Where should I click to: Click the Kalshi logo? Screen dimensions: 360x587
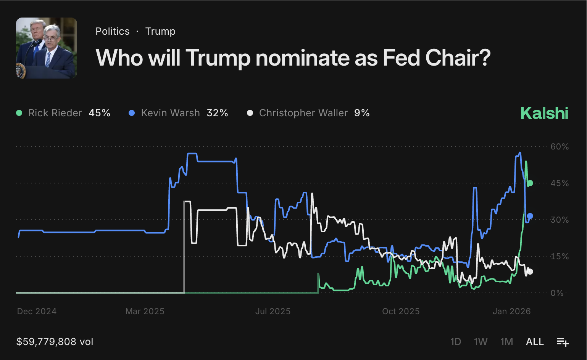click(x=544, y=113)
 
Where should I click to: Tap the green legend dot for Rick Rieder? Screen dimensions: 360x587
click(x=19, y=113)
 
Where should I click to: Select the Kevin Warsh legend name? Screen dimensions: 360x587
click(x=170, y=113)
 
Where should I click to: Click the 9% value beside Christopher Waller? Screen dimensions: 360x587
click(x=362, y=113)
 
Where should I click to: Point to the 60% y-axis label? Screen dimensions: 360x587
click(x=560, y=146)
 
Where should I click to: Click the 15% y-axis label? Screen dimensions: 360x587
click(x=560, y=256)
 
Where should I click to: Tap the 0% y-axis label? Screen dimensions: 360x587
click(x=557, y=293)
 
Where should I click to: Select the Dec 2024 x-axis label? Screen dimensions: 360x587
click(x=37, y=311)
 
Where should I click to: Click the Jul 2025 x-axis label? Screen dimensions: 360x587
click(x=273, y=311)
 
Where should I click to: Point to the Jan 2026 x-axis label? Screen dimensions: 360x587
click(x=511, y=311)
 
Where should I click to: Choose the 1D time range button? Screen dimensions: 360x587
click(x=456, y=342)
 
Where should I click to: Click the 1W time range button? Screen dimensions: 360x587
click(x=481, y=342)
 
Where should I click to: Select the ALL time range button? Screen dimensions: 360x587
click(x=535, y=342)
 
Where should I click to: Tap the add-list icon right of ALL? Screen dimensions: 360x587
click(x=563, y=342)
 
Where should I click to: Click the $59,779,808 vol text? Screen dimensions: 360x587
click(x=55, y=342)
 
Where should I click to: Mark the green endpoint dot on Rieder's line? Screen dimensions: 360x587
click(x=530, y=183)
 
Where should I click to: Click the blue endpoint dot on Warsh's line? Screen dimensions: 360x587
click(x=530, y=216)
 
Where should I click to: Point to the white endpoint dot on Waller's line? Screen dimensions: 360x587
click(x=530, y=272)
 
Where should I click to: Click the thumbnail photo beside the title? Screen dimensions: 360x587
click(x=47, y=48)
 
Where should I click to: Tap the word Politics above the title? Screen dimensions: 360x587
click(x=113, y=31)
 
